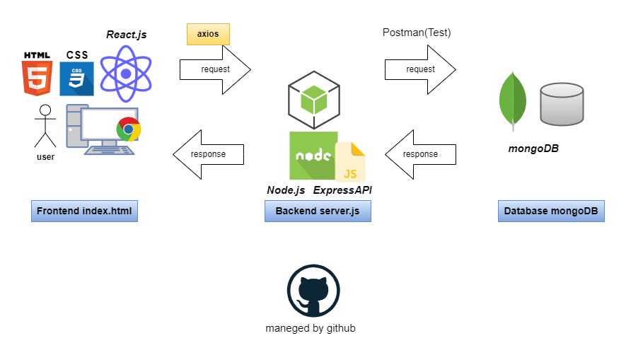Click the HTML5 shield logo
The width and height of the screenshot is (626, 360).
coord(37,78)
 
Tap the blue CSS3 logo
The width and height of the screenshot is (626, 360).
coord(76,79)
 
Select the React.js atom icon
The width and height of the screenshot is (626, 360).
coord(126,74)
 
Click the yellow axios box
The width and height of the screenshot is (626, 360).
coord(208,34)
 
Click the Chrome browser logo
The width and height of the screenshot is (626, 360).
coord(129,129)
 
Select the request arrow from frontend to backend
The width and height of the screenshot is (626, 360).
coord(215,69)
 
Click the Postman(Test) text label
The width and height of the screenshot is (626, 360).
coord(417,33)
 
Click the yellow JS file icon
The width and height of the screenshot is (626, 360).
coord(350,162)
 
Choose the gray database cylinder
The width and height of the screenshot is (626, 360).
coord(562,103)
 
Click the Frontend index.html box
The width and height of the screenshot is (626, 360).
coord(84,211)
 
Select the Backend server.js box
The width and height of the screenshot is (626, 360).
coord(318,211)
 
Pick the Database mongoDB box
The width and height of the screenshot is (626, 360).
coord(551,211)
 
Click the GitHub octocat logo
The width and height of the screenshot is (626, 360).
coord(314,291)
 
